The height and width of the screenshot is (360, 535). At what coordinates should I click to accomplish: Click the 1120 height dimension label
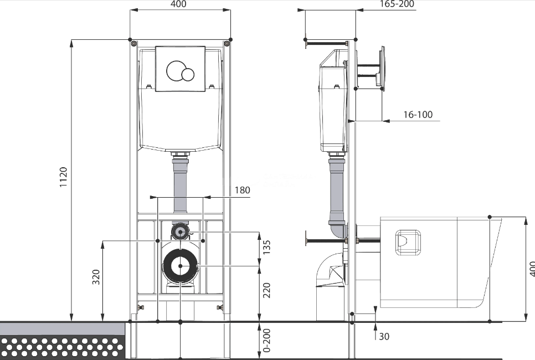(64, 177)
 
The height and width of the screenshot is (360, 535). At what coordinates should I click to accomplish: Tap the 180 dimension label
(242, 190)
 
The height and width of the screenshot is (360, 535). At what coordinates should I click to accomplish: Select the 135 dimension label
(267, 248)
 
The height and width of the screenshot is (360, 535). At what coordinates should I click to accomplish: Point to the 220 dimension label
(267, 290)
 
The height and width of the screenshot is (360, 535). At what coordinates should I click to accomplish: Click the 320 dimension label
(96, 277)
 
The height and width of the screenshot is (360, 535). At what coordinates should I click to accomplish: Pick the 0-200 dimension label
(267, 340)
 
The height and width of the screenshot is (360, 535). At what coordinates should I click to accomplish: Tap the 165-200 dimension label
(397, 4)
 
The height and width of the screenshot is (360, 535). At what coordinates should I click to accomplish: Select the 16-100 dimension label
(418, 115)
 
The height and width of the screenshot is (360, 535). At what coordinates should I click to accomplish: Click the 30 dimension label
(384, 336)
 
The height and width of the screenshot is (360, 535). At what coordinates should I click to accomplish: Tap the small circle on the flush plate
(188, 74)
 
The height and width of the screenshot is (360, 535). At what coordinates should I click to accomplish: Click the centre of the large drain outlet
(180, 266)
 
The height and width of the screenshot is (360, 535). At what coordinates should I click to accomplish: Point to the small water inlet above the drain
(180, 232)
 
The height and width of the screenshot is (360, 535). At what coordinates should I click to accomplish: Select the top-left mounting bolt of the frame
(134, 44)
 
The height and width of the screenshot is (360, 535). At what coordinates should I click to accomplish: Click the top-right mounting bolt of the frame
(227, 44)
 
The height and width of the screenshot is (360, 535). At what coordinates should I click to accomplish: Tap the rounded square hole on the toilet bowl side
(408, 242)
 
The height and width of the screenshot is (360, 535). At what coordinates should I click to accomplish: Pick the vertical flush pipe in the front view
(180, 184)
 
